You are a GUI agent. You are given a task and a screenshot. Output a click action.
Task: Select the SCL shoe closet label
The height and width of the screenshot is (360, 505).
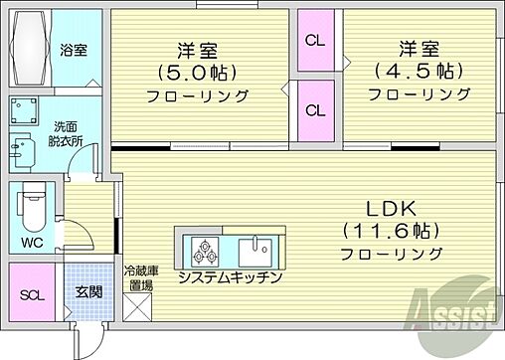click(32, 295)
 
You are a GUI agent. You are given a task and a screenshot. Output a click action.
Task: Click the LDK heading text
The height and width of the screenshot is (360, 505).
click(392, 211)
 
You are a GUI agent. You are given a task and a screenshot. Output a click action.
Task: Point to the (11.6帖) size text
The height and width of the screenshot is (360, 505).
click(392, 232)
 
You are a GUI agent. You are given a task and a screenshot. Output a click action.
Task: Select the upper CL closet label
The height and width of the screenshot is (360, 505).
click(315, 42)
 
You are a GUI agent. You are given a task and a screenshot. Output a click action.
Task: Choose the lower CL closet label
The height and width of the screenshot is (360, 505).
click(315, 109)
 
